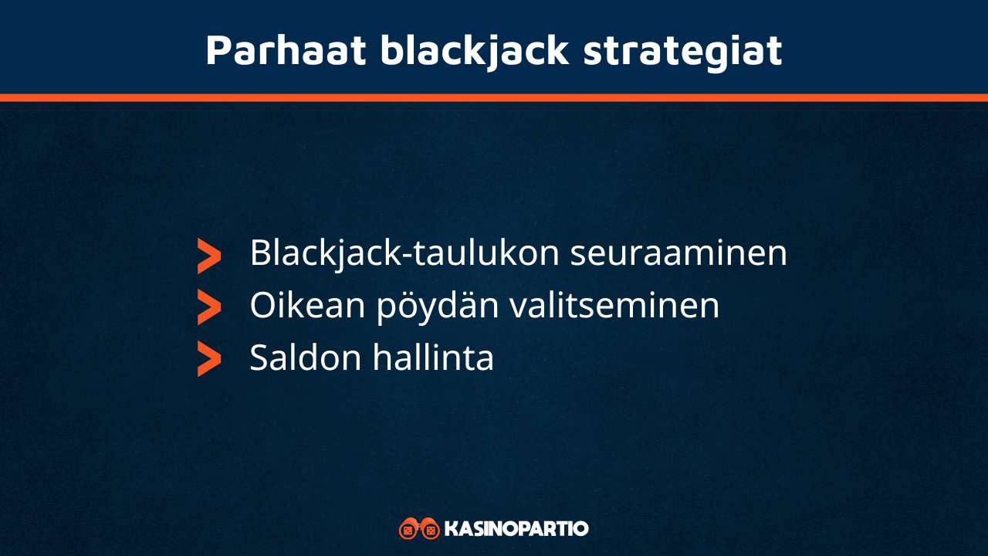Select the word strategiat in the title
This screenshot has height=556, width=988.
click(x=682, y=50)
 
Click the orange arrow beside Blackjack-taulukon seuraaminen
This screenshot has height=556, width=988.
click(x=208, y=256)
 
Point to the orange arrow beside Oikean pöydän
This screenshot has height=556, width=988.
click(x=208, y=307)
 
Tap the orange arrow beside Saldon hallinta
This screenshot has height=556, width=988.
click(x=208, y=358)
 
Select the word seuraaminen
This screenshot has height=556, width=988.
click(x=678, y=253)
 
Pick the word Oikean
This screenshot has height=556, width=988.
click(x=307, y=306)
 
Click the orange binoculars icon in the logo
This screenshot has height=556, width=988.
click(x=419, y=529)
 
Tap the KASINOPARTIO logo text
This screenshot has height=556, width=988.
click(x=516, y=529)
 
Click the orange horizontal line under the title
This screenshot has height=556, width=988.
click(x=494, y=97)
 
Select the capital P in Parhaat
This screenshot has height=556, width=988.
click(x=219, y=50)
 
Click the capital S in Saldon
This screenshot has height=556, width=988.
click(x=259, y=358)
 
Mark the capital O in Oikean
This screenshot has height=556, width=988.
click(x=262, y=306)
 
